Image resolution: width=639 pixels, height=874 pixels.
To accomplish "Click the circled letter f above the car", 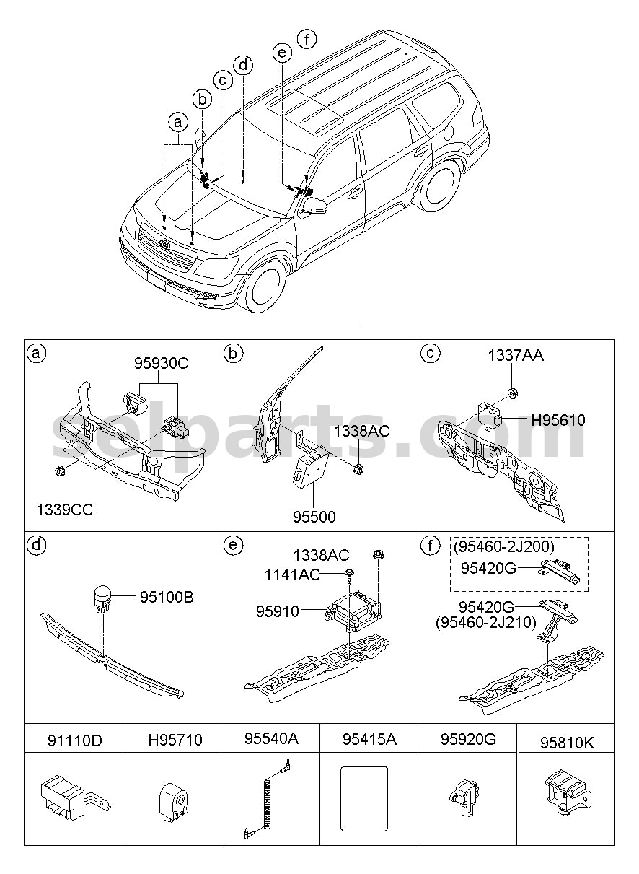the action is [x=307, y=40].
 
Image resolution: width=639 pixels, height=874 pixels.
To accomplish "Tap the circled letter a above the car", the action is [x=178, y=123].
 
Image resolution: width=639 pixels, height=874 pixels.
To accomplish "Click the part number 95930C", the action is [x=162, y=364].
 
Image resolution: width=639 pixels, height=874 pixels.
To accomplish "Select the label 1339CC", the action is [x=65, y=510].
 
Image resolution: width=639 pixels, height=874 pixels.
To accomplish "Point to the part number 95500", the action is [x=314, y=517].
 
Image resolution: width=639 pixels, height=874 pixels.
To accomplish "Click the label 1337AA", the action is [x=516, y=356].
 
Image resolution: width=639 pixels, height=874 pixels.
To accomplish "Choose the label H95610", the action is [x=558, y=420].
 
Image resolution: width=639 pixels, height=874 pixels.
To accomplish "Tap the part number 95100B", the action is [x=167, y=598].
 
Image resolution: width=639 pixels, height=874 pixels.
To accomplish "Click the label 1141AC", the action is [x=292, y=574].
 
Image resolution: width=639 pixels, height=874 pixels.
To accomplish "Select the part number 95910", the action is [x=278, y=611].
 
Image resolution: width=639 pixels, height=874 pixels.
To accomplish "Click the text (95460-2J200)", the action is [x=504, y=546].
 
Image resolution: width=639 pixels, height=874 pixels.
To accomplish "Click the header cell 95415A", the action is [x=369, y=739].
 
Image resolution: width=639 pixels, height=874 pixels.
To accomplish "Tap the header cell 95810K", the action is [x=568, y=743].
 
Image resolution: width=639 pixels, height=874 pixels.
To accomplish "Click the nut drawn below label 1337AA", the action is [x=513, y=393].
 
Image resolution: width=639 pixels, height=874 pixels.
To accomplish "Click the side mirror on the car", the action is [x=313, y=206].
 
